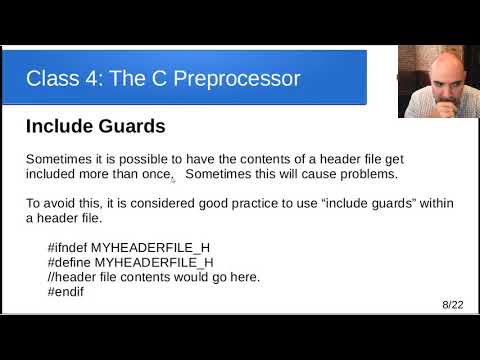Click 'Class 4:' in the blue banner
point(61,78)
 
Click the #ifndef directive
point(68,247)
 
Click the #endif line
point(66,291)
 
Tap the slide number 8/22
point(452,303)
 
